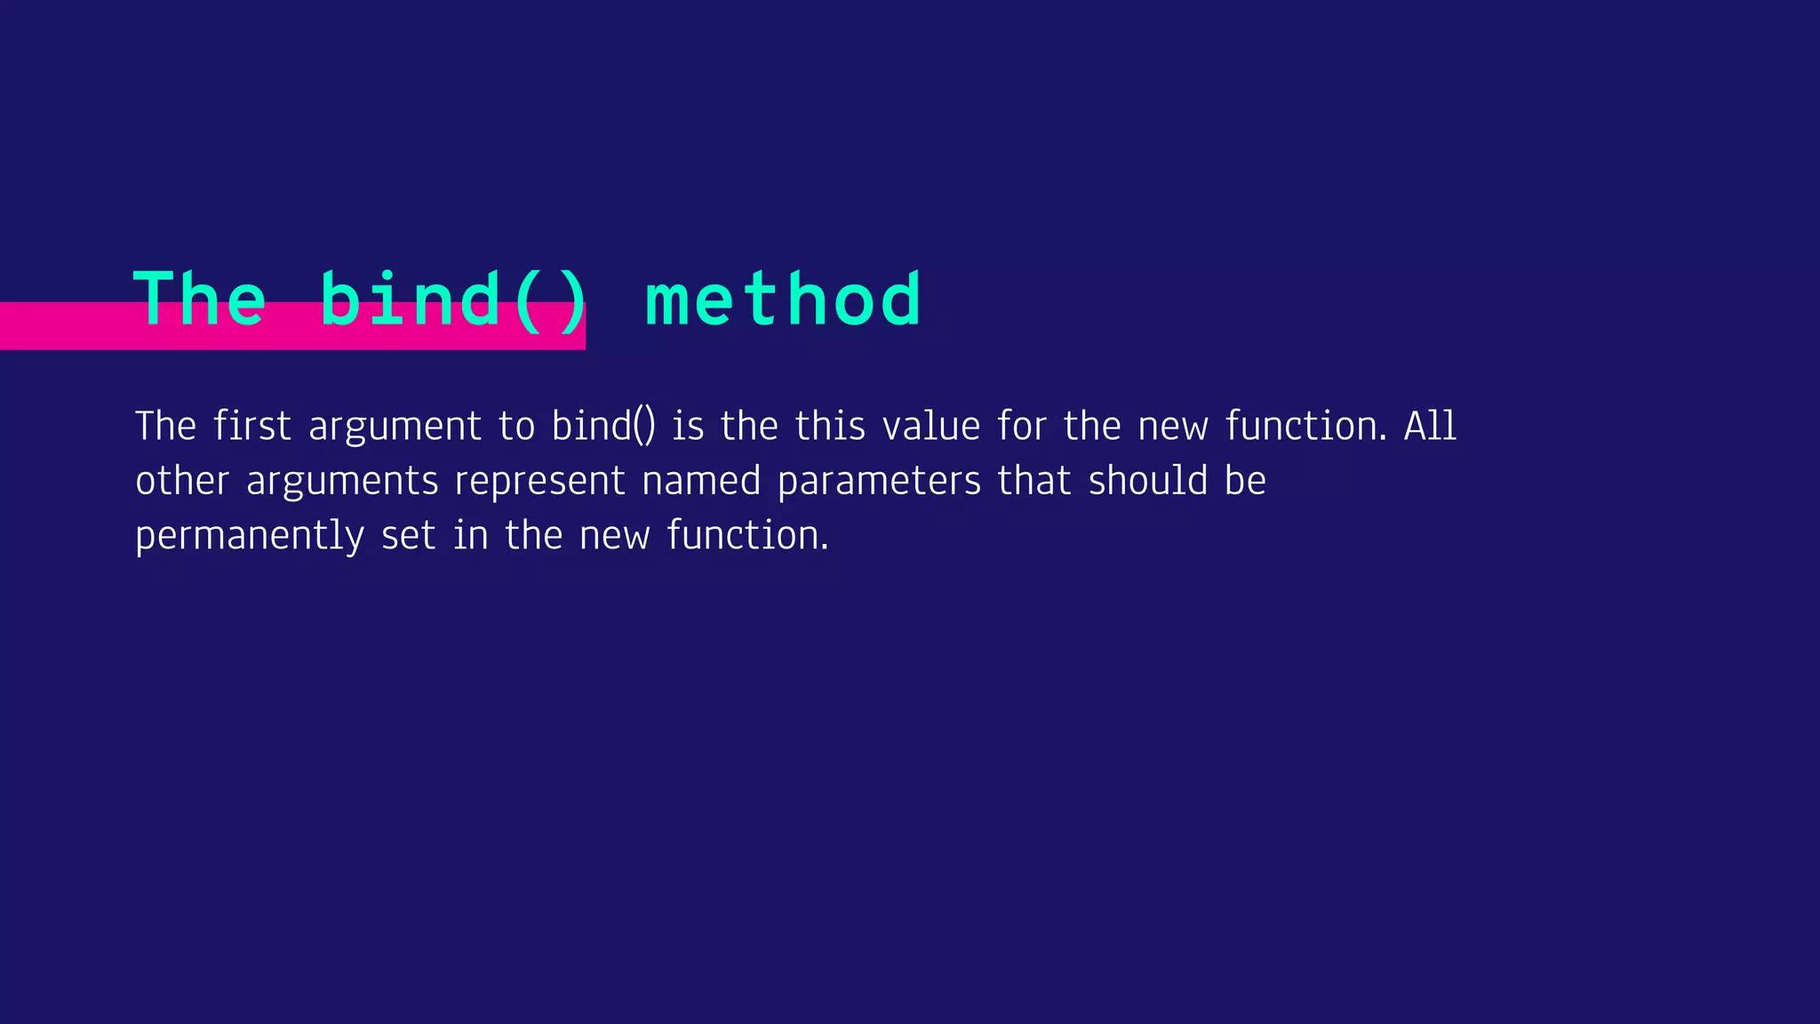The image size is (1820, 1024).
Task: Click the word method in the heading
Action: (x=782, y=300)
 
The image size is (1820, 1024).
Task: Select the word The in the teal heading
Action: (x=199, y=300)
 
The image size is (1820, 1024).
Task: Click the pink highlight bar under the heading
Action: (x=71, y=326)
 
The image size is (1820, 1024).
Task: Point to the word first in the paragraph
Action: (x=251, y=426)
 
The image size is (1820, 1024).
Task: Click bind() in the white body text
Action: (x=603, y=426)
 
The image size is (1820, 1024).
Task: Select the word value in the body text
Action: (x=930, y=426)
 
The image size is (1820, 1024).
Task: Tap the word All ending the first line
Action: (x=1430, y=426)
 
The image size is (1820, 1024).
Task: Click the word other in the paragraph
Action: (x=182, y=481)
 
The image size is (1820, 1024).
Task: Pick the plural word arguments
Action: (x=342, y=483)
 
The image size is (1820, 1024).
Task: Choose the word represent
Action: (x=540, y=483)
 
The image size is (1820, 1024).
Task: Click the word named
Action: (x=701, y=481)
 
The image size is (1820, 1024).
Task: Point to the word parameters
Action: (x=879, y=483)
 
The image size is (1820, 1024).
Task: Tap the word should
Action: (x=1148, y=481)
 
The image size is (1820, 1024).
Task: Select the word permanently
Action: (x=250, y=537)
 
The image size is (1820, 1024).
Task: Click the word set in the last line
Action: (x=408, y=536)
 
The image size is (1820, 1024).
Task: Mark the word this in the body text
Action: (x=830, y=426)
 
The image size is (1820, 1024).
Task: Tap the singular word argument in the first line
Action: (x=395, y=428)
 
